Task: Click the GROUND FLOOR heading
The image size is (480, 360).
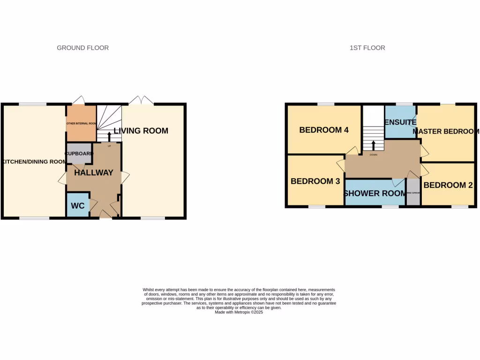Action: click(82, 48)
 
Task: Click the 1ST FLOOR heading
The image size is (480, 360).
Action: click(367, 48)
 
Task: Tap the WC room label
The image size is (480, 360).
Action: click(77, 206)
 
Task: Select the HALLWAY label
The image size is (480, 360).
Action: click(93, 172)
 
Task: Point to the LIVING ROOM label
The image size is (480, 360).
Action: click(141, 131)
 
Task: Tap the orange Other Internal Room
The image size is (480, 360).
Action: click(81, 123)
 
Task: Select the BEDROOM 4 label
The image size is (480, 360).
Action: click(324, 130)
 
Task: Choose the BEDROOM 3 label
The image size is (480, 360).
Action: click(315, 181)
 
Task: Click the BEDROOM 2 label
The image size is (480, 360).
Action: click(448, 185)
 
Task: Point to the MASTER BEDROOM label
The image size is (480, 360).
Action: click(446, 132)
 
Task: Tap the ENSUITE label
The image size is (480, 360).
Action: click(400, 122)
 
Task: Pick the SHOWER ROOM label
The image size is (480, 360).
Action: click(375, 193)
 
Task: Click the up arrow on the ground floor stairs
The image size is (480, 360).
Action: click(110, 136)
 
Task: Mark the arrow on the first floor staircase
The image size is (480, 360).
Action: click(373, 145)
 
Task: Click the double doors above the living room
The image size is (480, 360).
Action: click(141, 100)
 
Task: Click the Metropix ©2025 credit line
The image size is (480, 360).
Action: click(239, 312)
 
